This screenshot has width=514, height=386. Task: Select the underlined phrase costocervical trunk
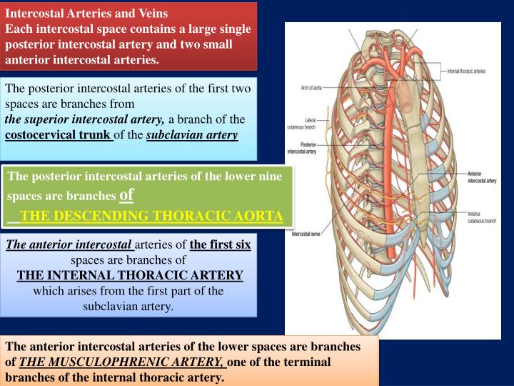[59, 134]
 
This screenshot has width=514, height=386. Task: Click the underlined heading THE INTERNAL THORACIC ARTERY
[130, 275]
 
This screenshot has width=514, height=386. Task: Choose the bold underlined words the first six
[220, 244]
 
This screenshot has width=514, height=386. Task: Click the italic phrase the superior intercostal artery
[85, 119]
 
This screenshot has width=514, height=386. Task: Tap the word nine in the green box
[269, 176]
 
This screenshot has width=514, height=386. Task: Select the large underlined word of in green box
[126, 194]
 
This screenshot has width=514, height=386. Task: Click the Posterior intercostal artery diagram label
[301, 148]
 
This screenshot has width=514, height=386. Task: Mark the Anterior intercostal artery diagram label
[482, 178]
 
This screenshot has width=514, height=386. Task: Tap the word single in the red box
[234, 29]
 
